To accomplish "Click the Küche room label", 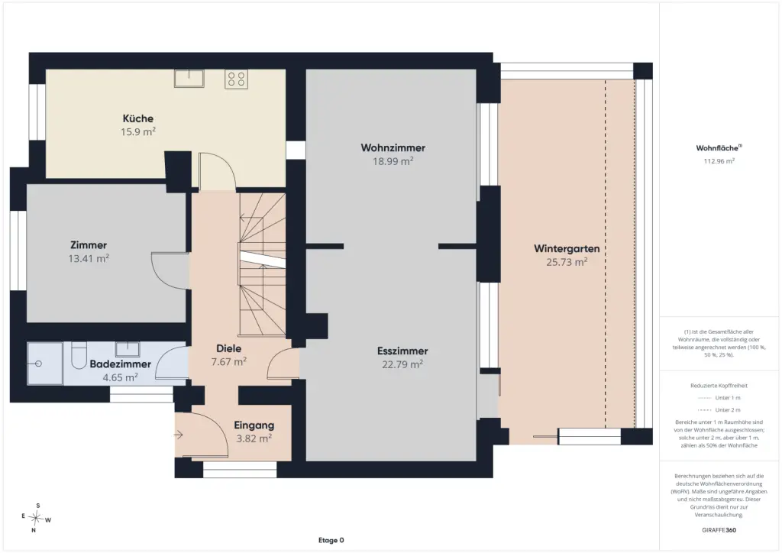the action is (x=138, y=118).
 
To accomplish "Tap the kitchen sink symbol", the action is (x=189, y=78).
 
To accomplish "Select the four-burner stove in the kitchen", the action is (x=236, y=79).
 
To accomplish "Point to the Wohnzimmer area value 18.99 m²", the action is (x=393, y=161).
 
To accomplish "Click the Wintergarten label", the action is (x=567, y=248).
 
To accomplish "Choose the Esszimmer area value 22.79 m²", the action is (x=402, y=364).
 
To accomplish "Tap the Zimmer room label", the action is (x=89, y=245).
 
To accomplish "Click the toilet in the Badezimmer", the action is (x=79, y=355).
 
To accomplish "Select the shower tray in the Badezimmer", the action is (x=45, y=364).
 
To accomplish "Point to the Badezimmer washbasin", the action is (x=128, y=348).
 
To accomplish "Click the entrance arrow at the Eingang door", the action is (x=178, y=435).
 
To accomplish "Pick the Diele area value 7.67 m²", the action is (x=229, y=361).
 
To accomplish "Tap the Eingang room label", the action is (x=254, y=425).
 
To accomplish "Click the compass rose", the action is (x=36, y=518).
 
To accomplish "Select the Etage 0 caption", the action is (x=331, y=540).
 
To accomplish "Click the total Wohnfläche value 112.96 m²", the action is (x=719, y=161).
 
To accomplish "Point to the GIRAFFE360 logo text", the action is (x=719, y=530).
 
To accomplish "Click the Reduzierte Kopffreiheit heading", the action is (x=719, y=386).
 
